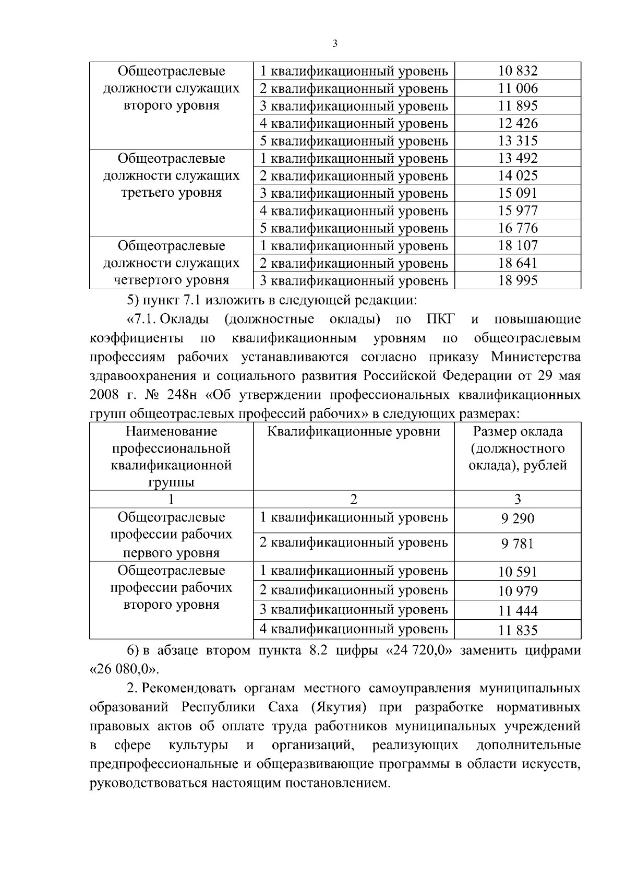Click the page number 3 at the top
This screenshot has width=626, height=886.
coord(334,44)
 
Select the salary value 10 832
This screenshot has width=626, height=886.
coord(517,71)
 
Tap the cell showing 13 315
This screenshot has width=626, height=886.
coord(517,141)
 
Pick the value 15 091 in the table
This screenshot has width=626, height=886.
coord(517,193)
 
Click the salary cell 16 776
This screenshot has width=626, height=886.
coord(517,228)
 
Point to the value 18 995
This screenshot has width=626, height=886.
coord(517,281)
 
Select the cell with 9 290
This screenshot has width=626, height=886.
coord(517,519)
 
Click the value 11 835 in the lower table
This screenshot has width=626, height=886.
coord(517,631)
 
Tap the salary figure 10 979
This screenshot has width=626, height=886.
coord(517,592)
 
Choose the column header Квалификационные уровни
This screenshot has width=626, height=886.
coord(354,432)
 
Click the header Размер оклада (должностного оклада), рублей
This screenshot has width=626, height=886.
coord(517,448)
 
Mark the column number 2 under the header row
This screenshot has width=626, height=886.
coord(354,500)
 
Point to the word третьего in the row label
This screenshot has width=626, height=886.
coord(146,193)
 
